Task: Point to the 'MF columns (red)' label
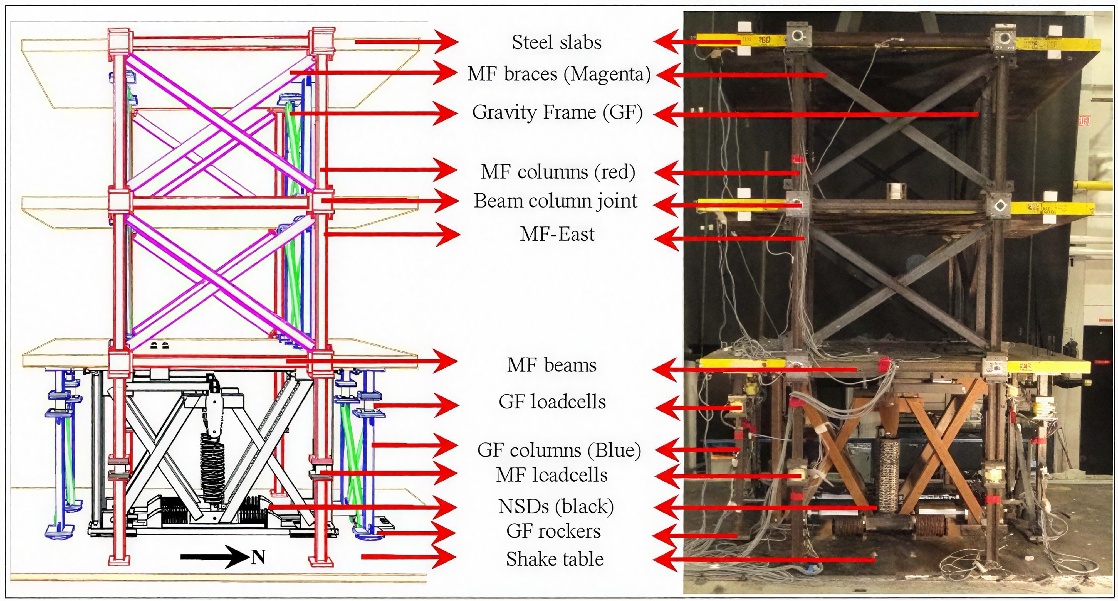tap(558, 172)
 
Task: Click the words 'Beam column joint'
tap(556, 201)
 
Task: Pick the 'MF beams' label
tap(551, 365)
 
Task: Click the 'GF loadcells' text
tap(552, 402)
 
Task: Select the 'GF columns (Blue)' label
tap(559, 450)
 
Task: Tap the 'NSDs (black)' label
tap(556, 506)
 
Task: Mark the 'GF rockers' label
tap(553, 531)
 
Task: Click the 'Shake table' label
tap(555, 559)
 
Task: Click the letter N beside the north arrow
tap(259, 557)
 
